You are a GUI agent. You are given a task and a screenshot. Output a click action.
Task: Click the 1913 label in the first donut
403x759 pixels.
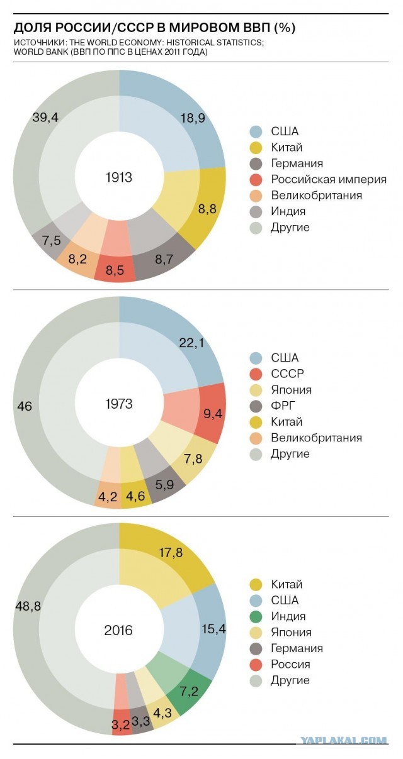point(119,177)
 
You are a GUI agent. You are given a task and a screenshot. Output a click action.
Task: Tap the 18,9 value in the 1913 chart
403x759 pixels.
point(193,118)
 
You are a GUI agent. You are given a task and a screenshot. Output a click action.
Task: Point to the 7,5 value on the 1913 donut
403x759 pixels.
point(52,240)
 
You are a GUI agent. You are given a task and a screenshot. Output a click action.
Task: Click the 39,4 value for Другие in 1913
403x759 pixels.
point(45,117)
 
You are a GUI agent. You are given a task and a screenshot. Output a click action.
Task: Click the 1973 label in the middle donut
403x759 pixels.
point(119,404)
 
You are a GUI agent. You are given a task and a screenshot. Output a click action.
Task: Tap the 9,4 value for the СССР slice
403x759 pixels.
point(213,413)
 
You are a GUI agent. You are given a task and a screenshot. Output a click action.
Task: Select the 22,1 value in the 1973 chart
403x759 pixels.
point(191,343)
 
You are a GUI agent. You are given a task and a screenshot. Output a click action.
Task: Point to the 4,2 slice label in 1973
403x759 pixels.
point(108,497)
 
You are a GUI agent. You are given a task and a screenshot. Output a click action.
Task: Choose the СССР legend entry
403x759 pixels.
point(276,374)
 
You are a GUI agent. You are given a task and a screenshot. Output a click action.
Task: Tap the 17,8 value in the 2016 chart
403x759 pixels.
point(171,552)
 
